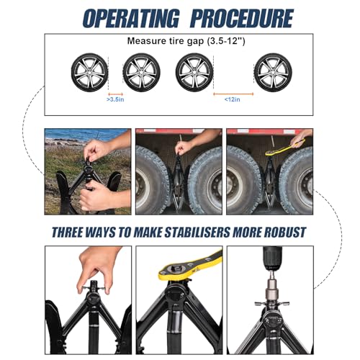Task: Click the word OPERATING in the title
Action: click(x=131, y=18)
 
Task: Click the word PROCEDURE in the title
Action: click(x=242, y=18)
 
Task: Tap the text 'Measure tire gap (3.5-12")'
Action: click(x=186, y=41)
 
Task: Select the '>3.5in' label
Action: click(x=115, y=99)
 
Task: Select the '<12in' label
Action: click(x=232, y=99)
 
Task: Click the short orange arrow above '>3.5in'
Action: click(x=115, y=94)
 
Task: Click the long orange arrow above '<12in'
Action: click(x=233, y=94)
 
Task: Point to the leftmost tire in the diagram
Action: click(x=89, y=72)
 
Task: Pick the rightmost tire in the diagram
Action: click(x=273, y=72)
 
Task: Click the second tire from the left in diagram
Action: click(x=141, y=72)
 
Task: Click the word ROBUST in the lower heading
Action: click(x=285, y=233)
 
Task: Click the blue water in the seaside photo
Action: click(x=86, y=135)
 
